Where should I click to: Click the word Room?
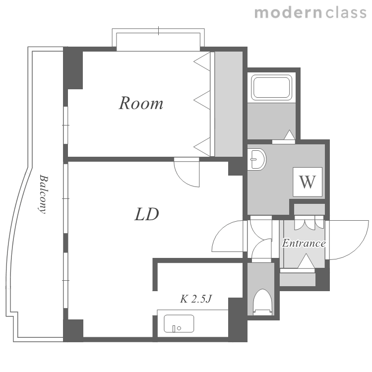point(141,103)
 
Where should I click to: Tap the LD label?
point(147,214)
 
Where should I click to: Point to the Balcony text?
point(43,194)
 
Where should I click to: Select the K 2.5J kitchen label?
point(196,299)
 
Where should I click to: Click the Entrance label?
point(304,243)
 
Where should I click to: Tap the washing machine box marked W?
point(308,182)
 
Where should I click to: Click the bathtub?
point(271,87)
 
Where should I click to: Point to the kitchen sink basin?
point(179,323)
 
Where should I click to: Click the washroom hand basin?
point(257,159)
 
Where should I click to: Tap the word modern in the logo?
point(288,12)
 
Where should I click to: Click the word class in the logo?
point(346,12)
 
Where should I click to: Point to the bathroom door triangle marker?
point(290,135)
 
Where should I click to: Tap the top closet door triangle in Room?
point(202,62)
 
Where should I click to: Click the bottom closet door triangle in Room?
point(202,147)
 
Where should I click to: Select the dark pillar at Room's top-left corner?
point(73,68)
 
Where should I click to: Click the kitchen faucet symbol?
point(176,328)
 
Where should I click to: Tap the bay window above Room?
point(158,40)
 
